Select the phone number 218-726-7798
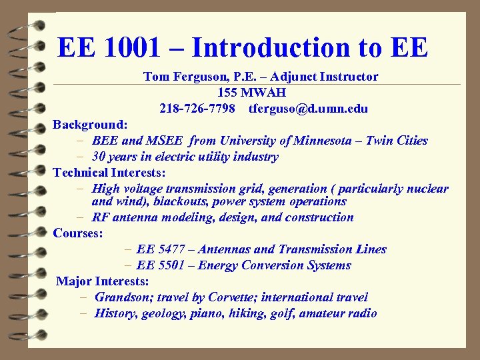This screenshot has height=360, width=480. tap(197, 109)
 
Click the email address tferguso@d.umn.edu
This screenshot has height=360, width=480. tap(308, 109)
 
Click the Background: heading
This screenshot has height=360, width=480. tap(91, 125)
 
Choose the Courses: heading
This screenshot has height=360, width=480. tap(78, 233)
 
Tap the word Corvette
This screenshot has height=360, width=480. tap(232, 297)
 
